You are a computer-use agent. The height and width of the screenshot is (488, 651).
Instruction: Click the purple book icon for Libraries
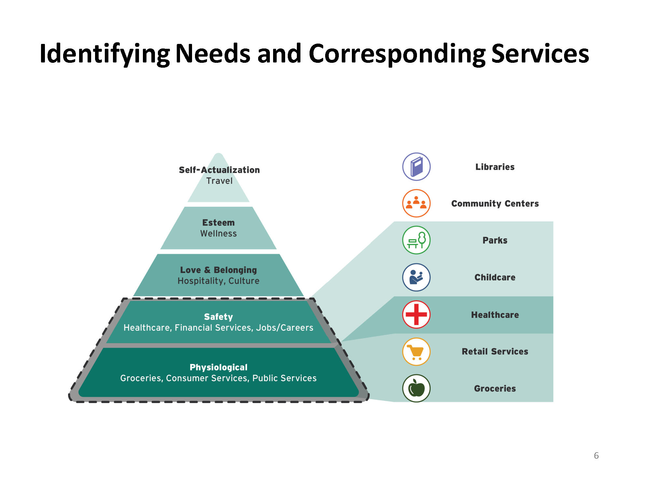(x=416, y=167)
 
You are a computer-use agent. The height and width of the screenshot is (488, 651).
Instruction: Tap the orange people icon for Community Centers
(x=416, y=203)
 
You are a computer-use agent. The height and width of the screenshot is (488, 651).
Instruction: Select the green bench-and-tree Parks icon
(x=416, y=240)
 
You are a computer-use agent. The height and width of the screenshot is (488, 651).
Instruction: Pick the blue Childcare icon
(x=416, y=277)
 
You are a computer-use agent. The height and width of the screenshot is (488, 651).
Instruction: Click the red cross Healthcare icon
(x=416, y=315)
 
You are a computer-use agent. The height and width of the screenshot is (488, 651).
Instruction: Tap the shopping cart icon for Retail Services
(x=416, y=352)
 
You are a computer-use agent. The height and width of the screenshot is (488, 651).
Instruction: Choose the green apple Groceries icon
(x=416, y=388)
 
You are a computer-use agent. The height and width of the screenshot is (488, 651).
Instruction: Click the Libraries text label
(x=495, y=167)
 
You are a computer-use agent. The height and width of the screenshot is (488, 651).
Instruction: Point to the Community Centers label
(x=495, y=204)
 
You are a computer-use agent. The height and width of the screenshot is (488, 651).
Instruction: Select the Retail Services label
(x=495, y=351)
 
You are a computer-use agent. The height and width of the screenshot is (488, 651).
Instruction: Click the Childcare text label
(x=495, y=277)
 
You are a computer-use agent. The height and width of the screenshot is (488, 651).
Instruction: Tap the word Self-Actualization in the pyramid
(x=219, y=170)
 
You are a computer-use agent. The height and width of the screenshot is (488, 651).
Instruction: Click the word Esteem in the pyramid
(x=218, y=223)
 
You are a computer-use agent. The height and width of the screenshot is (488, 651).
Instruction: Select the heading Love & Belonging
(x=218, y=270)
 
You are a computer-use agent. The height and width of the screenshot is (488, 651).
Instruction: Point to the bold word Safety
(x=218, y=317)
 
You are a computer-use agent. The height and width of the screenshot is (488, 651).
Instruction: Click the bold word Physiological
(x=218, y=367)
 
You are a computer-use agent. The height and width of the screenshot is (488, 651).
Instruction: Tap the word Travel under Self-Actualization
(x=219, y=181)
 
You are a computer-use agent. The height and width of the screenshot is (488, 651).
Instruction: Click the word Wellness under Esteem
(x=218, y=234)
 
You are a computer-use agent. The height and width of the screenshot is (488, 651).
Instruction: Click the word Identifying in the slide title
(x=105, y=54)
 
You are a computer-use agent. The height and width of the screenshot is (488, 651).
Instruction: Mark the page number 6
(x=596, y=455)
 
